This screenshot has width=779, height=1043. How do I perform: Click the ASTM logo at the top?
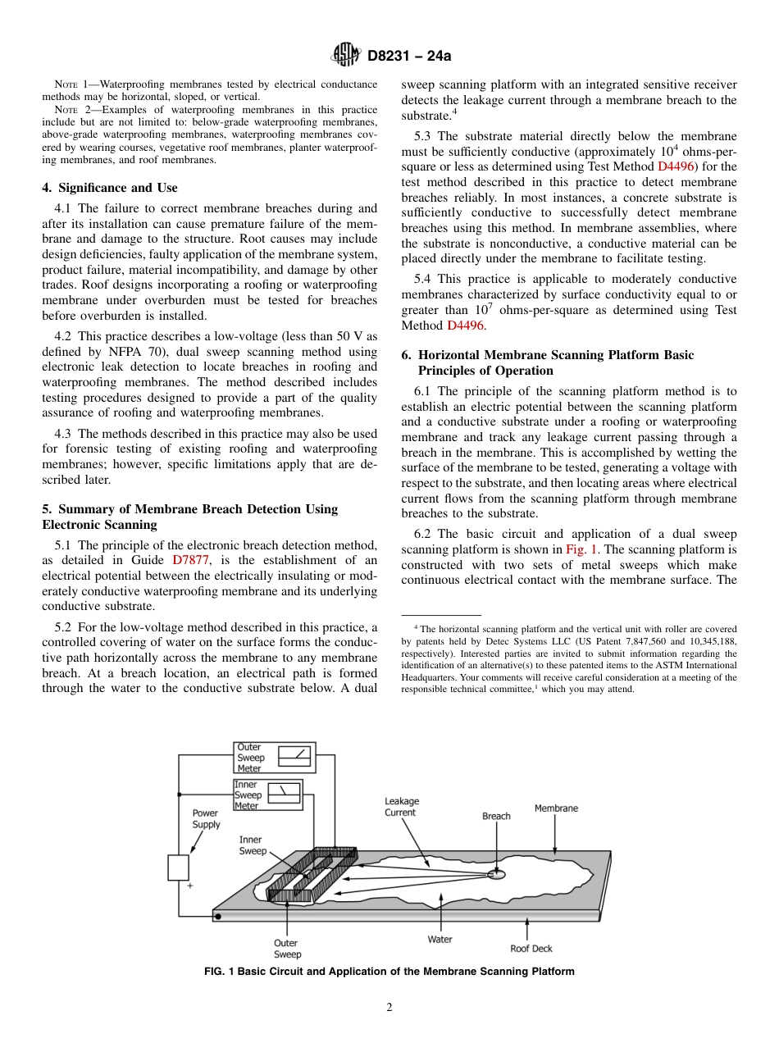(x=344, y=56)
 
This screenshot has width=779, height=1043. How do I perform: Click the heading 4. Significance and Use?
(x=109, y=188)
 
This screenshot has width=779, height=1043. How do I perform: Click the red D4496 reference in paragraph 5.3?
(x=676, y=166)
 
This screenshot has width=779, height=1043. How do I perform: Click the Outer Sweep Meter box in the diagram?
(x=274, y=758)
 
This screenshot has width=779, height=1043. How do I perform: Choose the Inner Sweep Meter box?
(x=267, y=795)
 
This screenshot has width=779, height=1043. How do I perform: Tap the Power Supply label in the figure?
(x=206, y=818)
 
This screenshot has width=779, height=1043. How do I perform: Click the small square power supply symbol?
(x=178, y=868)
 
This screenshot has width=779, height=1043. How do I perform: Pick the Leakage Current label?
(x=401, y=807)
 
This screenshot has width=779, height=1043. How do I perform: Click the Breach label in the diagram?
(x=495, y=816)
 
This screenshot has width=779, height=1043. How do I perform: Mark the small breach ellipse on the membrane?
(x=496, y=875)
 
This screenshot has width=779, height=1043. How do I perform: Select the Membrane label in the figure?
(x=556, y=808)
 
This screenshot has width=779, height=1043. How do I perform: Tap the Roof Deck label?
(x=531, y=949)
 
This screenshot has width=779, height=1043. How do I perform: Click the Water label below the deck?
(x=440, y=940)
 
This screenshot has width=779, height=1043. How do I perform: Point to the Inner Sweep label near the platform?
(x=253, y=845)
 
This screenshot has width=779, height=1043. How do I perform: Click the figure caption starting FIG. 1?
(x=389, y=972)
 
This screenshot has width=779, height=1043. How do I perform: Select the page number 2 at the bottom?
(x=389, y=1008)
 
